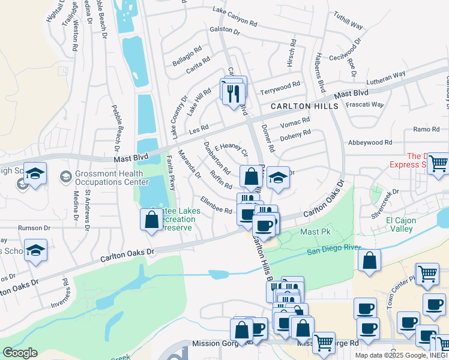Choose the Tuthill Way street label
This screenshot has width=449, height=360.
click(x=349, y=23)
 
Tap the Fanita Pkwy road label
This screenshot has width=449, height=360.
click(x=171, y=182)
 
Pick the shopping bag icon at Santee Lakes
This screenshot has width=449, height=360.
click(x=149, y=219)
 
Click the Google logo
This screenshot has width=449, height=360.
click(x=20, y=353)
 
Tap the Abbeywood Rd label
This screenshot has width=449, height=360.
click(x=370, y=143)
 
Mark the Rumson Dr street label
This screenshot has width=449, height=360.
click(x=34, y=228)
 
